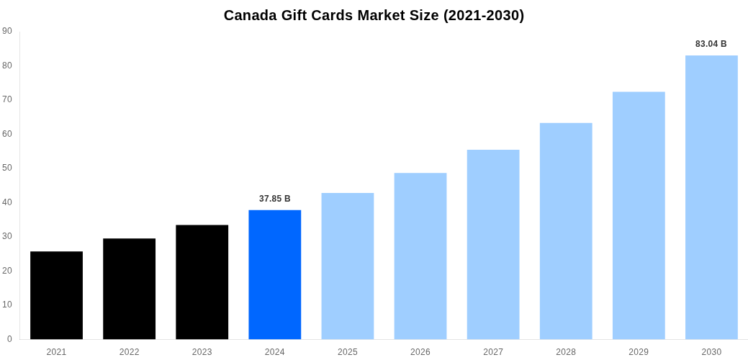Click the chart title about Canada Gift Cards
(374, 15)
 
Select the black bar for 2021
(56, 295)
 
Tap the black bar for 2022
(129, 289)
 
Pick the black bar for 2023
(202, 282)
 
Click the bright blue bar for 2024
(274, 274)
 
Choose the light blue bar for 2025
(348, 266)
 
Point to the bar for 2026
(420, 256)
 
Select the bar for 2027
(493, 244)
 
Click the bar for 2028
(566, 231)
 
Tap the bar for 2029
(639, 215)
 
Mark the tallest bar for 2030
(711, 197)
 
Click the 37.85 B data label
(274, 199)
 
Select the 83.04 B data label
(711, 44)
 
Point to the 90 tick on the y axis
(7, 31)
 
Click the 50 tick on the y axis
(7, 168)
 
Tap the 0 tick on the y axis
(9, 339)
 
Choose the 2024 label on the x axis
(274, 352)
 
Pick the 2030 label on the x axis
(711, 352)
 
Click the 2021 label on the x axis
(56, 352)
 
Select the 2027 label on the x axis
(493, 352)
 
